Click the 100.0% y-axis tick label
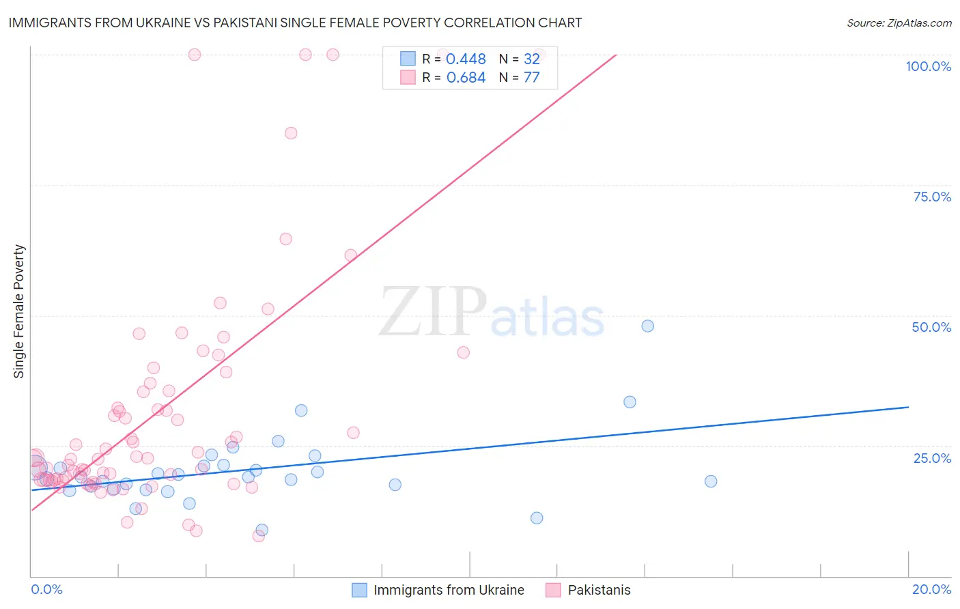click(x=928, y=66)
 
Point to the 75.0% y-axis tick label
click(x=931, y=197)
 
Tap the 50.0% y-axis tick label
click(x=931, y=327)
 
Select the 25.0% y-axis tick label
click(x=931, y=457)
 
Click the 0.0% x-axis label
click(x=46, y=589)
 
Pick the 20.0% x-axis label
click(x=931, y=589)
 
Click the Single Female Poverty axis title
click(x=19, y=311)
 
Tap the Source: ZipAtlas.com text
click(x=899, y=23)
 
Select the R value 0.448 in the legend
click(x=466, y=59)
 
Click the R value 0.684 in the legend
click(x=466, y=77)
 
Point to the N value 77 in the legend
click(x=531, y=77)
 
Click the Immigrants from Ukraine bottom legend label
click(x=449, y=590)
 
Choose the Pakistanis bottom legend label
click(x=599, y=590)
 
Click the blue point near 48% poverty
click(x=648, y=326)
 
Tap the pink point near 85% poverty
click(x=291, y=133)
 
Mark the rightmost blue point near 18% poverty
click(x=711, y=481)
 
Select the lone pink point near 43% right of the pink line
click(x=464, y=352)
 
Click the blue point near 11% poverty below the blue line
click(x=537, y=518)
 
